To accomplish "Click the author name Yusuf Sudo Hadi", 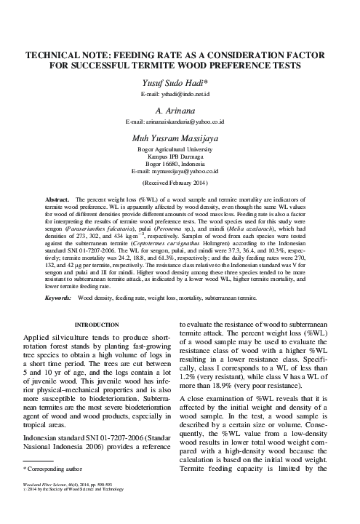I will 180,83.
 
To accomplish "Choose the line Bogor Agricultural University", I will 180,148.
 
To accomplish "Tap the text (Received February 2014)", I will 180,182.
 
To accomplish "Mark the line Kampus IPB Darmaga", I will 180,155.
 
